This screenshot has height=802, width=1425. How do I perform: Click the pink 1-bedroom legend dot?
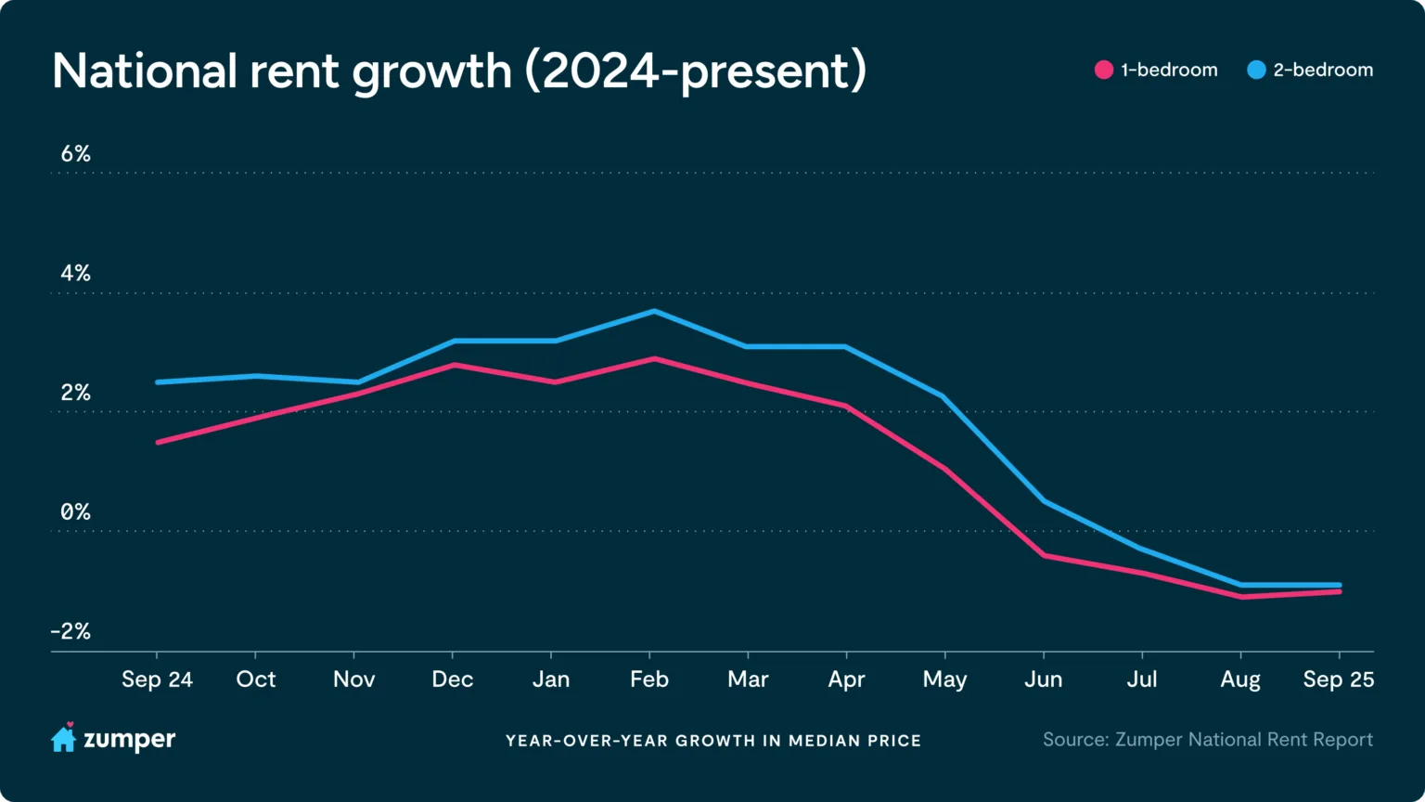(1103, 70)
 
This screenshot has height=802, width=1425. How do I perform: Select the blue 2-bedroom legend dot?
(1256, 70)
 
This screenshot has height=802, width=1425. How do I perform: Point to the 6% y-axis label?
(75, 154)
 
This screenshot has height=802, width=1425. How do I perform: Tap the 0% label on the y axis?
(75, 512)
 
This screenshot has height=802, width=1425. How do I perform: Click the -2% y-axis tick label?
(71, 632)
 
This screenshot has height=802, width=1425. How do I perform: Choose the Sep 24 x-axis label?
(157, 679)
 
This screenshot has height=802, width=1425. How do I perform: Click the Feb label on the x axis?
(649, 679)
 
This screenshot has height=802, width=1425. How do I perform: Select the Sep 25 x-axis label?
(1338, 679)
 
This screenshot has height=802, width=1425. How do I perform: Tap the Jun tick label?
(1043, 679)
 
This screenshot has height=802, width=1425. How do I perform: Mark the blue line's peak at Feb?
(654, 312)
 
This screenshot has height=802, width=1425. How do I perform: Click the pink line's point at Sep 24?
(158, 442)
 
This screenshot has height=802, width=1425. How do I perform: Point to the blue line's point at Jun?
(1045, 501)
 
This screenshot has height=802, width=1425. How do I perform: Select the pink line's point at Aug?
(1241, 597)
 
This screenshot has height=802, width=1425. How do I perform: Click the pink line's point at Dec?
(453, 365)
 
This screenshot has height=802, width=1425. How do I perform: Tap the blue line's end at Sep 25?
(1339, 586)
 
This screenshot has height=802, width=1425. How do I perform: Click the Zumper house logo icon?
(63, 739)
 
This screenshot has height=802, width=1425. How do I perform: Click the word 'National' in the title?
(145, 71)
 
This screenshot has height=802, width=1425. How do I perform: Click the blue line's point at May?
(944, 396)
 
